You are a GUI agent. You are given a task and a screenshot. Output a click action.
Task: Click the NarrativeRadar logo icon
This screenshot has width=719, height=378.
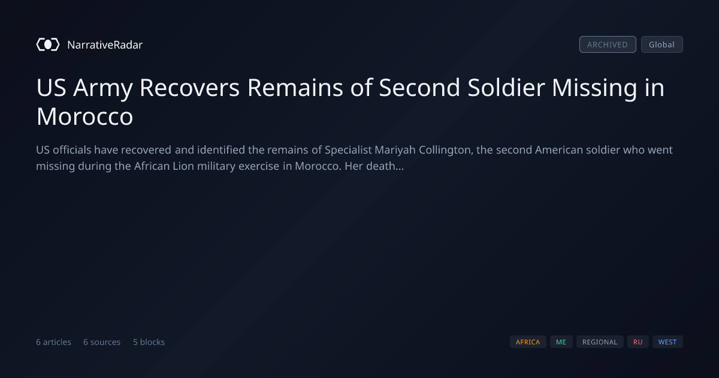coord(48,44)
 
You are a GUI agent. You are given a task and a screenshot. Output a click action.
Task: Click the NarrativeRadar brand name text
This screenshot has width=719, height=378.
coord(105,44)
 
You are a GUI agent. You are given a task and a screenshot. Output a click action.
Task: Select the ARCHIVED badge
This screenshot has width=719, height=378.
coord(608,44)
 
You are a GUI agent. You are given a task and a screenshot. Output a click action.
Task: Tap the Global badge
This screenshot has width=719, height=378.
coord(662,44)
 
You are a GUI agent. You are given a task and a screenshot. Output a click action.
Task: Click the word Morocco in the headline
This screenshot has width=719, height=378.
coord(84,116)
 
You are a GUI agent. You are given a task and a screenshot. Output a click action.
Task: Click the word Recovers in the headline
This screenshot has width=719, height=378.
coord(189,88)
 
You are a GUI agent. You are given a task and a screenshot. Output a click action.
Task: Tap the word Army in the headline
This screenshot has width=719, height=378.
coord(102,88)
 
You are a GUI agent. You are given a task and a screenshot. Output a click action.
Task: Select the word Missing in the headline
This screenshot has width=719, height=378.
coord(594,88)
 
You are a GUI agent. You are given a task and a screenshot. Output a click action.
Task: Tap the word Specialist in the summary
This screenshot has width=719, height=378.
coord(348,150)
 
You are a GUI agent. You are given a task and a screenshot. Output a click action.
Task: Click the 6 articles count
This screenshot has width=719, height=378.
coord(53,342)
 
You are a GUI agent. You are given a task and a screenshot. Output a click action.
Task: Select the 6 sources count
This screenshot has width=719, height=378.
coord(102,342)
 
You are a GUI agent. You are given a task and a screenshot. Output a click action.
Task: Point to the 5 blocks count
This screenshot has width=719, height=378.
coord(149,342)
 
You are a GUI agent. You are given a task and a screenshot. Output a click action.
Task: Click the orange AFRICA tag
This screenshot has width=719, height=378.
coord(528,341)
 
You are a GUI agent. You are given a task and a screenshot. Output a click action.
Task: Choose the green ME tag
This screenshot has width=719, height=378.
coord(561,341)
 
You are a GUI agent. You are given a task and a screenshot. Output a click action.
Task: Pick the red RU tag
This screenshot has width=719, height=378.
coord(638,341)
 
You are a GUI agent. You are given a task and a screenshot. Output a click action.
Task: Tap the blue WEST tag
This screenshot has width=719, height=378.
coord(667,341)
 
